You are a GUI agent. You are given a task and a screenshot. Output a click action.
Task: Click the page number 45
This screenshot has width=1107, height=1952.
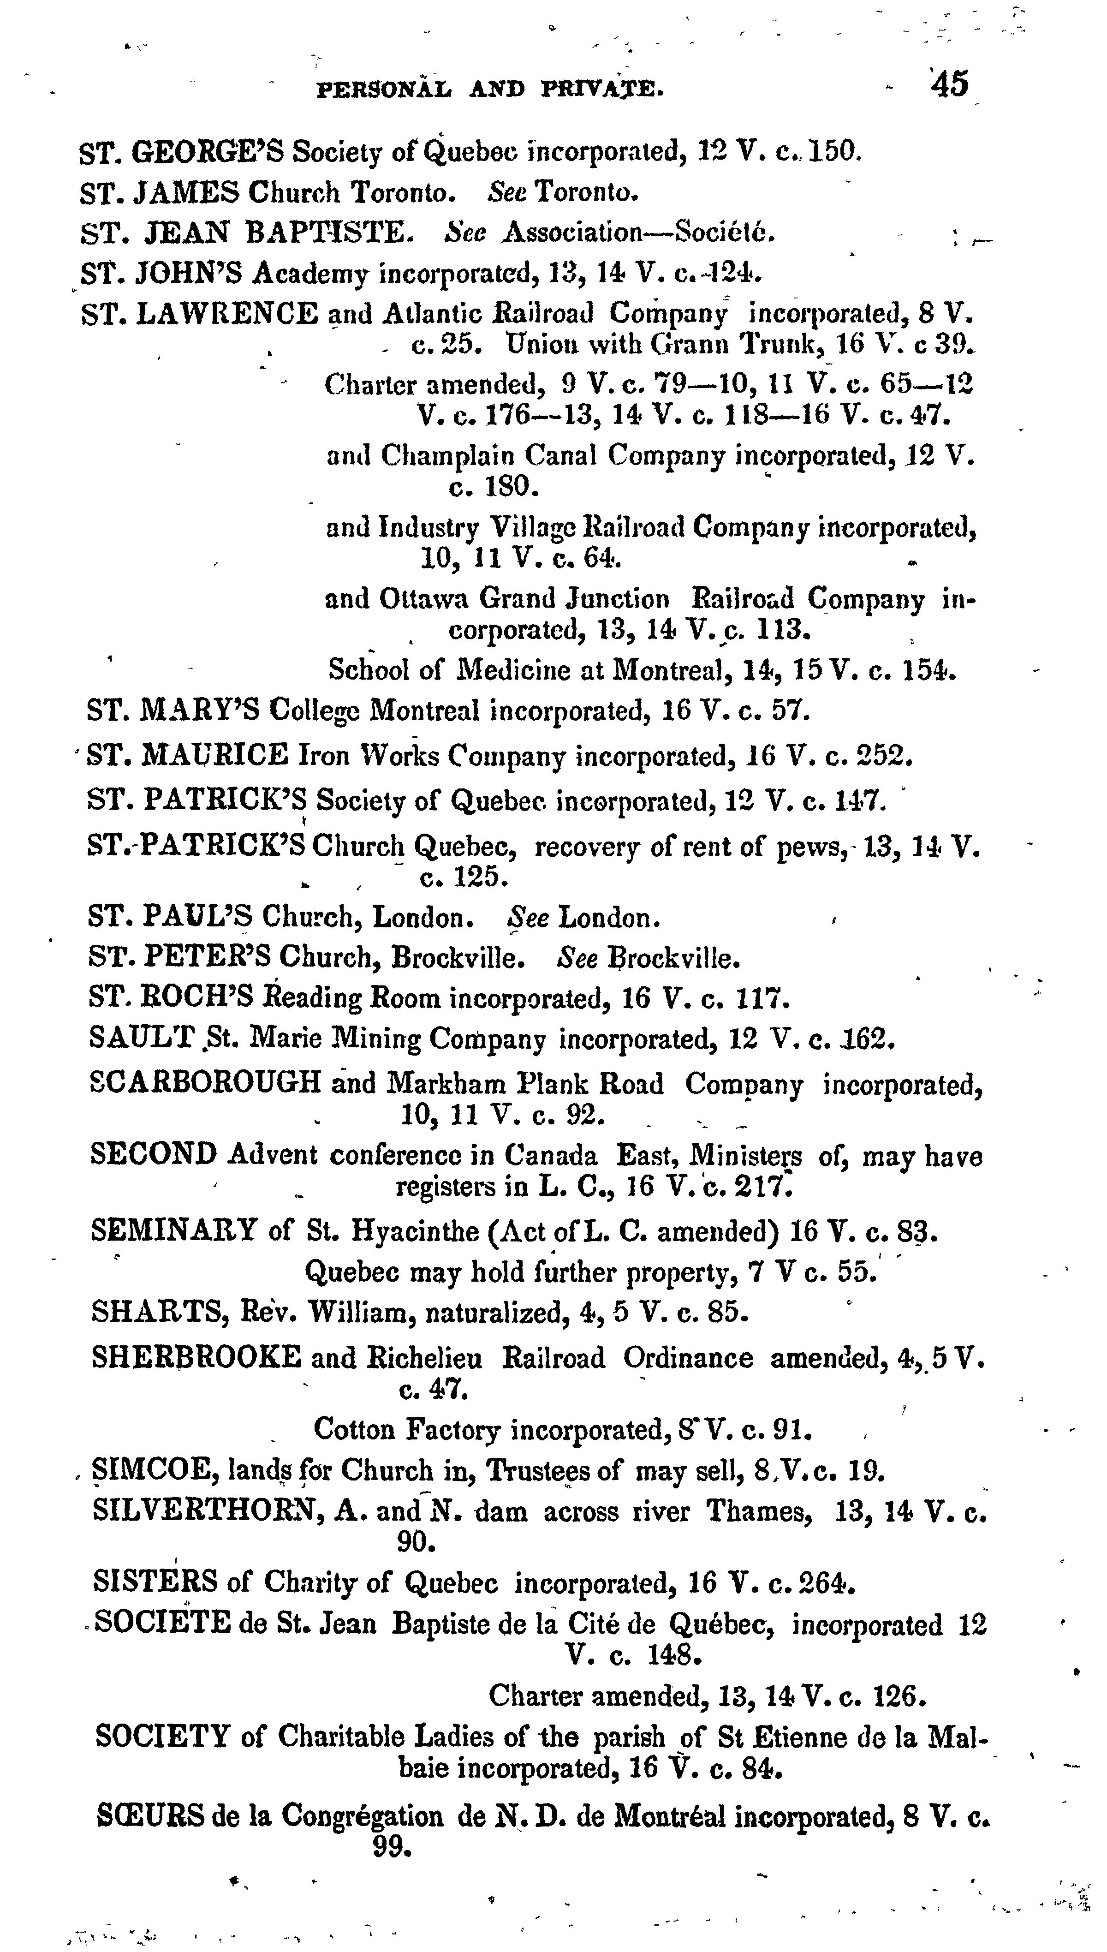tap(950, 83)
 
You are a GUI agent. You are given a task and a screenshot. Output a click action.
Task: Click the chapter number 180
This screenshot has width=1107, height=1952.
tap(512, 486)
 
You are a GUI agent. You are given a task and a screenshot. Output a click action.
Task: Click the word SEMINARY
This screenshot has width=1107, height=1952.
tap(174, 1230)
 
